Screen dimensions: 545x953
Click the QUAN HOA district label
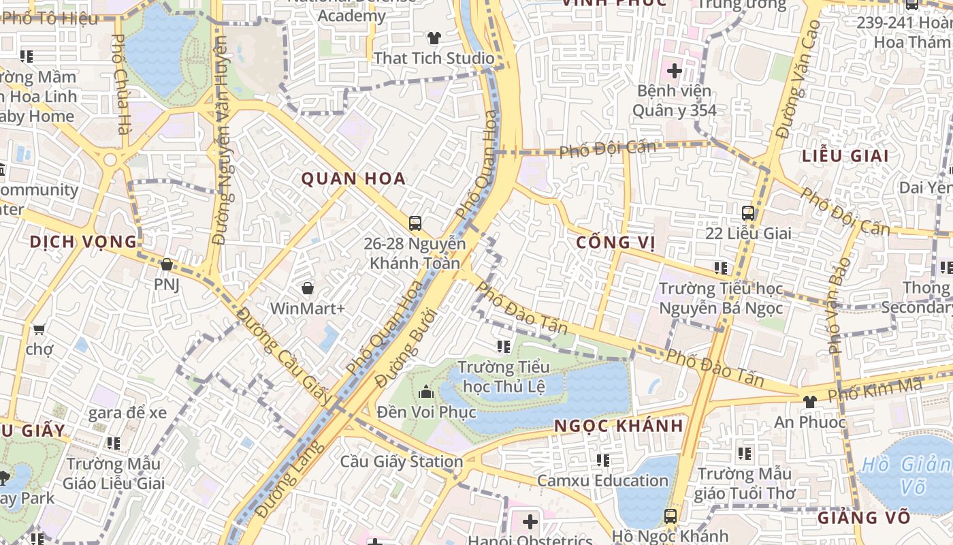353,179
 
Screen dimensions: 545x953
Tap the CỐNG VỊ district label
615,243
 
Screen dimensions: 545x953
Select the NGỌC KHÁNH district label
618,426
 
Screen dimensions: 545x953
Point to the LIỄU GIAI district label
845,155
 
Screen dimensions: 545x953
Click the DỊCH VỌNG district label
83,242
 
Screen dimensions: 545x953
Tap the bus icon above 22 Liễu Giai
748,213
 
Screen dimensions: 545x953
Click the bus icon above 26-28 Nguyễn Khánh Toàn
415,223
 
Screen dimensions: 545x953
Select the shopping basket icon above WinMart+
308,289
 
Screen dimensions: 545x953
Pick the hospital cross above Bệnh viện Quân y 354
674,70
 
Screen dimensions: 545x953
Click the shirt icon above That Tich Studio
434,38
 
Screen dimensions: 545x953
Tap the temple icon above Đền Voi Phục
426,392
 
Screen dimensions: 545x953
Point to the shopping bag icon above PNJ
167,264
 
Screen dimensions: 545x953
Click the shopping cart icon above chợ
39,330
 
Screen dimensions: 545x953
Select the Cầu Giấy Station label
402,462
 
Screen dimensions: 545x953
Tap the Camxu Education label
602,481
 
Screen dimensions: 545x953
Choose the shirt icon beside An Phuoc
809,402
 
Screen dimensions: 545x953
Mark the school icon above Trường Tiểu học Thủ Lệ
503,347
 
